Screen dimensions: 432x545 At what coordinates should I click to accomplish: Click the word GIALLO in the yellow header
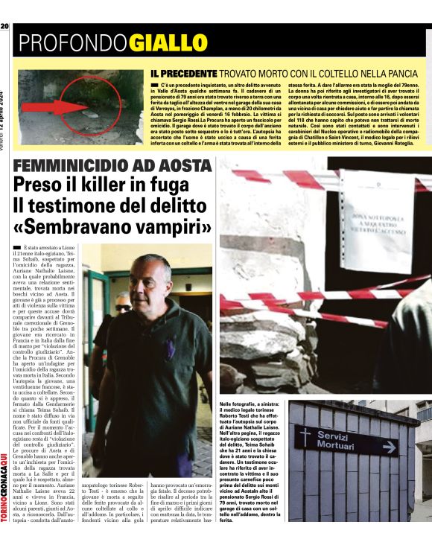pyautogui.click(x=168, y=43)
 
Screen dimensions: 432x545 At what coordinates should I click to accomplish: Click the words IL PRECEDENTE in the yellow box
pyautogui.click(x=182, y=74)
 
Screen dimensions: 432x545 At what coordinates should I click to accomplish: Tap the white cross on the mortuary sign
pyautogui.click(x=306, y=438)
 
